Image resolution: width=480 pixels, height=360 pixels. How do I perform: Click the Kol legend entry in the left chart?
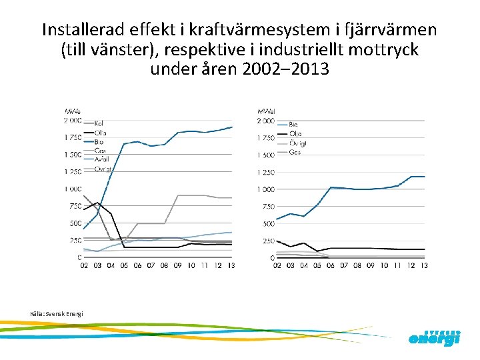(99, 123)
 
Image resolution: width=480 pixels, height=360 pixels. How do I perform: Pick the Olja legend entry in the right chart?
(295, 133)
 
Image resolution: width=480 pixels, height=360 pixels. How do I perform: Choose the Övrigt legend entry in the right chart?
(298, 143)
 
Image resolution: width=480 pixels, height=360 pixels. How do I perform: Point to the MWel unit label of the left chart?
(73, 111)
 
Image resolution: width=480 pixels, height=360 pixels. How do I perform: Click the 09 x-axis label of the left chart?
(178, 265)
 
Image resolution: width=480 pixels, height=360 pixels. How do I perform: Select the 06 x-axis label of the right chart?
(331, 265)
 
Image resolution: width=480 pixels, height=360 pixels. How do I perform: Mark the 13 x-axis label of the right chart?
(424, 265)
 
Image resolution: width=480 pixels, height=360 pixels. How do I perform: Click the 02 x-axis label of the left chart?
(85, 265)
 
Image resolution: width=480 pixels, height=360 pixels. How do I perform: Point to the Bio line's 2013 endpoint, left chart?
(231, 127)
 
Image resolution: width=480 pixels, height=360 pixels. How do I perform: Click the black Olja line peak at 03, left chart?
(98, 203)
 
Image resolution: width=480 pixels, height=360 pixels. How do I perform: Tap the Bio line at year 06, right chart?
(331, 187)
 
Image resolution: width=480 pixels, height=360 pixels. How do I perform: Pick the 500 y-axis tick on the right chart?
(268, 223)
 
